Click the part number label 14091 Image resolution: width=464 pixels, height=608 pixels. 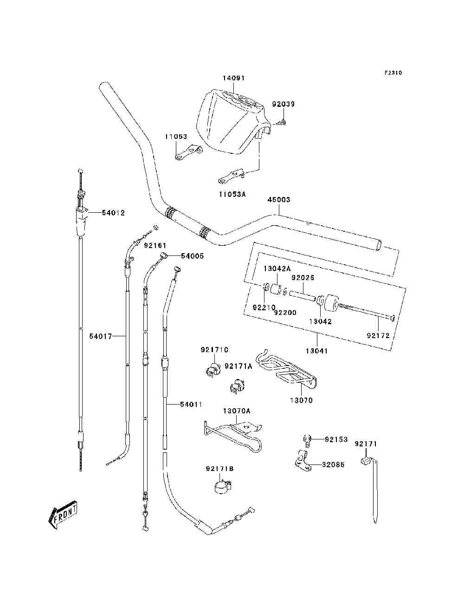(234, 78)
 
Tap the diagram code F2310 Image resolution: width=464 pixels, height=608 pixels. (393, 73)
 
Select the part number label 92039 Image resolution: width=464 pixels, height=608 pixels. (284, 104)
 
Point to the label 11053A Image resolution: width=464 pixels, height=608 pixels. (232, 195)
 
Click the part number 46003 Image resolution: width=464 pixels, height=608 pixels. (278, 200)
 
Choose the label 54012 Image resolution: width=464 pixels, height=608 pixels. (113, 213)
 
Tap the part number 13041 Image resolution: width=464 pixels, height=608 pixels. (317, 351)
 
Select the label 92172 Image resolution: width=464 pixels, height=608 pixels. (378, 336)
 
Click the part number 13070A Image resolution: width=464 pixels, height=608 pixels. (237, 411)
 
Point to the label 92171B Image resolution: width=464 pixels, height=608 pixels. (219, 469)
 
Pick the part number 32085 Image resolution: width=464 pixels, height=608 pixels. (333, 464)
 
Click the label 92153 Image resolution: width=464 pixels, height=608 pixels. (336, 439)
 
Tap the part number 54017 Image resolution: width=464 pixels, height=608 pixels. (100, 336)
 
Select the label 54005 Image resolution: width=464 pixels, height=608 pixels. (192, 256)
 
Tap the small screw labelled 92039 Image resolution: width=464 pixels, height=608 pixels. (282, 121)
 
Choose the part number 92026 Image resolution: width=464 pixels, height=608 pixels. (303, 278)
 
